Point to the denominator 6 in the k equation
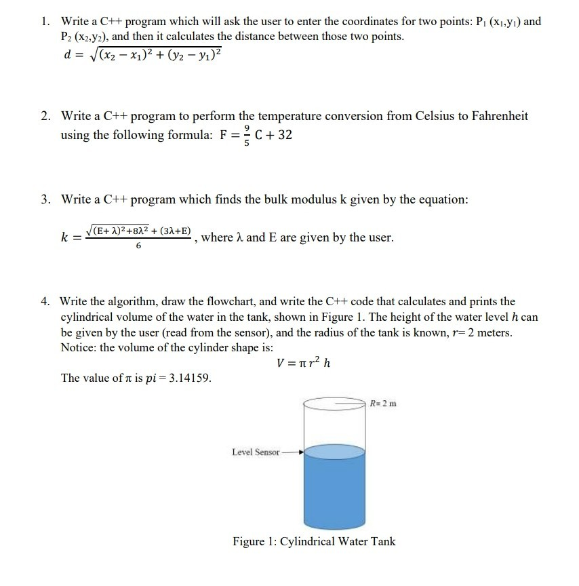coord(139,248)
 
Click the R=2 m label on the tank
coord(384,404)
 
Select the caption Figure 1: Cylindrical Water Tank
coord(314,541)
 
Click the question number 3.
coord(44,199)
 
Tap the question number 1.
coord(44,22)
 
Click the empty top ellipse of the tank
coord(334,404)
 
